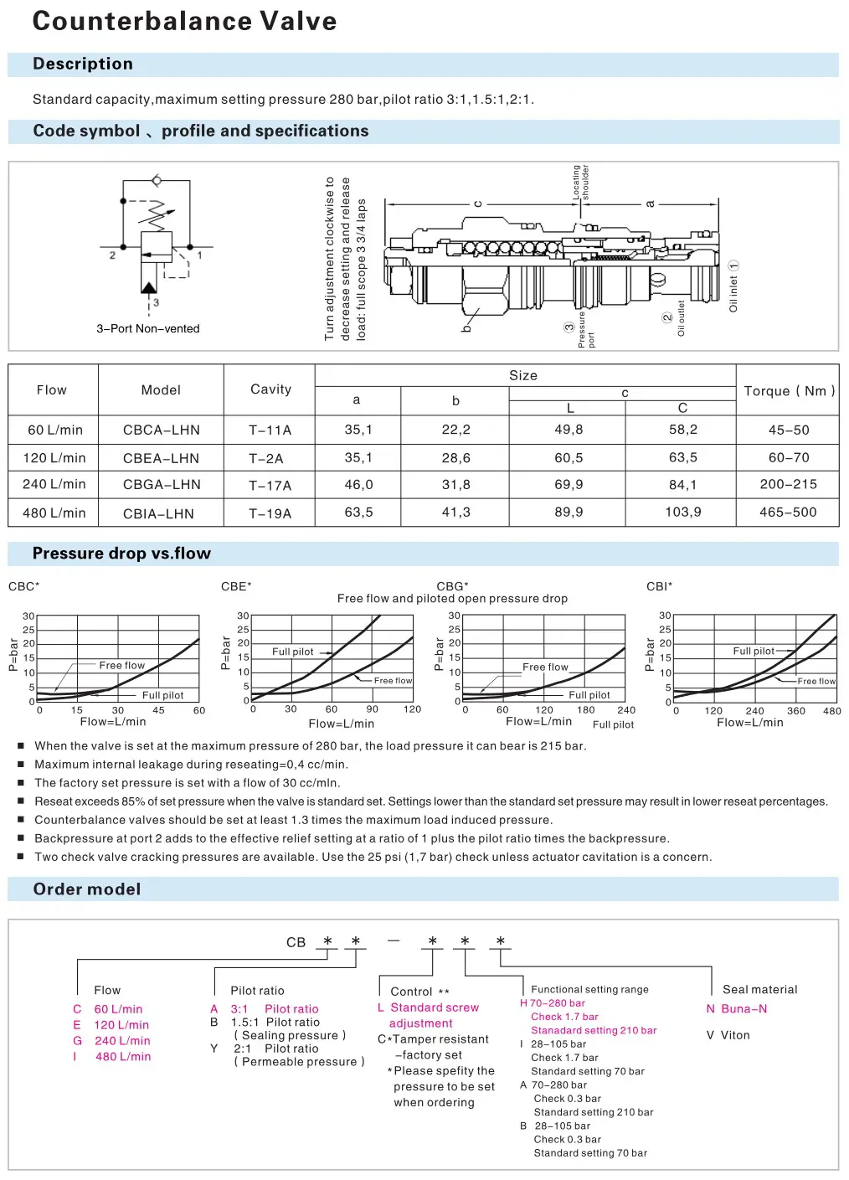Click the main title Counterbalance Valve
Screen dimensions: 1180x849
pyautogui.click(x=184, y=21)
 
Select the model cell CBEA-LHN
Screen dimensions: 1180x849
pyautogui.click(x=161, y=458)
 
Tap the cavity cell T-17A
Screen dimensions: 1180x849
pyautogui.click(x=270, y=485)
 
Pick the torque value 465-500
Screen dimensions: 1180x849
pyautogui.click(x=787, y=513)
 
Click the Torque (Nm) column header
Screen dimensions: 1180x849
pyautogui.click(x=789, y=391)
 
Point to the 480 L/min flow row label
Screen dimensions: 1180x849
pyautogui.click(x=54, y=513)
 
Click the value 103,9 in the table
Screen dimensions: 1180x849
pyautogui.click(x=682, y=513)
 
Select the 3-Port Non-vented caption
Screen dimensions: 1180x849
pyautogui.click(x=147, y=328)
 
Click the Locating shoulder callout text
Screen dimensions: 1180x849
pyautogui.click(x=581, y=182)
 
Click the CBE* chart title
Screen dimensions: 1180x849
pyautogui.click(x=236, y=586)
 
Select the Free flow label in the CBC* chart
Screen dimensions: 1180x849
pyautogui.click(x=121, y=665)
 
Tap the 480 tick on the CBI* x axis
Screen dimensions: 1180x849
pyautogui.click(x=831, y=711)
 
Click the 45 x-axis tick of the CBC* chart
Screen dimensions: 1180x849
pyautogui.click(x=158, y=710)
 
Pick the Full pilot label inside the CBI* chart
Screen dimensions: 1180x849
pyautogui.click(x=754, y=651)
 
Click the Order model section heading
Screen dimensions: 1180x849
pyautogui.click(x=87, y=889)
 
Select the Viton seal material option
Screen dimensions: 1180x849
pyautogui.click(x=728, y=1035)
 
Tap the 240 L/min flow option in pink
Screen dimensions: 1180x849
pyautogui.click(x=122, y=1041)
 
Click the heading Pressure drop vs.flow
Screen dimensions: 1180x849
pyautogui.click(x=121, y=554)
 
